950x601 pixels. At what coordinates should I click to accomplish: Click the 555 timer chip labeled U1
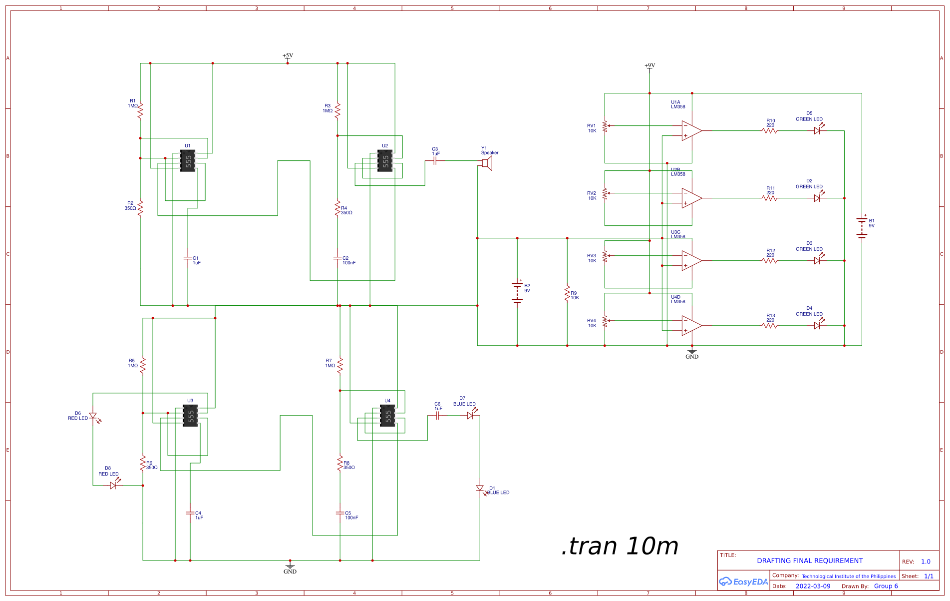[x=188, y=161]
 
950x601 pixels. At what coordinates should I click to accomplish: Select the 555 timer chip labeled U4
[x=387, y=416]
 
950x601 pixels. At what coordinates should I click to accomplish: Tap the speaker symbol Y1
[x=487, y=163]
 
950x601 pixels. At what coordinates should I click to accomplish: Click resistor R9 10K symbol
[x=567, y=293]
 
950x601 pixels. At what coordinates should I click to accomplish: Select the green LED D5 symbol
[x=817, y=130]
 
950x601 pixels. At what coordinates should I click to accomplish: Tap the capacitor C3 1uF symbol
[x=435, y=161]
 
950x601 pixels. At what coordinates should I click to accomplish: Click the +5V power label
[x=288, y=56]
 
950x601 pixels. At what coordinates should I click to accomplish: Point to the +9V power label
[x=649, y=66]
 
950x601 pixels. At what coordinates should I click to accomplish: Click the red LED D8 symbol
[x=113, y=485]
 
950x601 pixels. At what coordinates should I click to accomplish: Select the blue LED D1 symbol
[x=480, y=489]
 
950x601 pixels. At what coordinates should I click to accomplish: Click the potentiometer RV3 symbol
[x=605, y=256]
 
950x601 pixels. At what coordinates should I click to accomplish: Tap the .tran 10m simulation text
[x=620, y=546]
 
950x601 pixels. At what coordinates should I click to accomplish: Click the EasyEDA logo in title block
[x=743, y=582]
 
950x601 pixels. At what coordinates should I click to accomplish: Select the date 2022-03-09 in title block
[x=813, y=586]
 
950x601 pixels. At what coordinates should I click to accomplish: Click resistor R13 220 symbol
[x=770, y=325]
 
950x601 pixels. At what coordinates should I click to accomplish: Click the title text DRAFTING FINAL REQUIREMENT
[x=809, y=561]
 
